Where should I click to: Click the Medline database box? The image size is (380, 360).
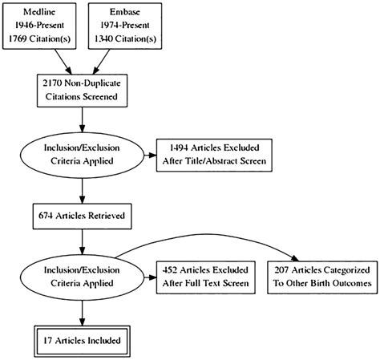point(43,25)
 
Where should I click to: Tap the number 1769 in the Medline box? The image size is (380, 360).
point(22,38)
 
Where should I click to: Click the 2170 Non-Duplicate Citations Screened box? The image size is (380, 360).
point(83,89)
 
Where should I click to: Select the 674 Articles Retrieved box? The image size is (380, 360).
point(83,214)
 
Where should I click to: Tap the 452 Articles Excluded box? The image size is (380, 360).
point(208,276)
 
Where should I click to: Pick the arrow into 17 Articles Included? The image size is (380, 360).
point(83,311)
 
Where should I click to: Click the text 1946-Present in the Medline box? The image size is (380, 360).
point(43,25)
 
